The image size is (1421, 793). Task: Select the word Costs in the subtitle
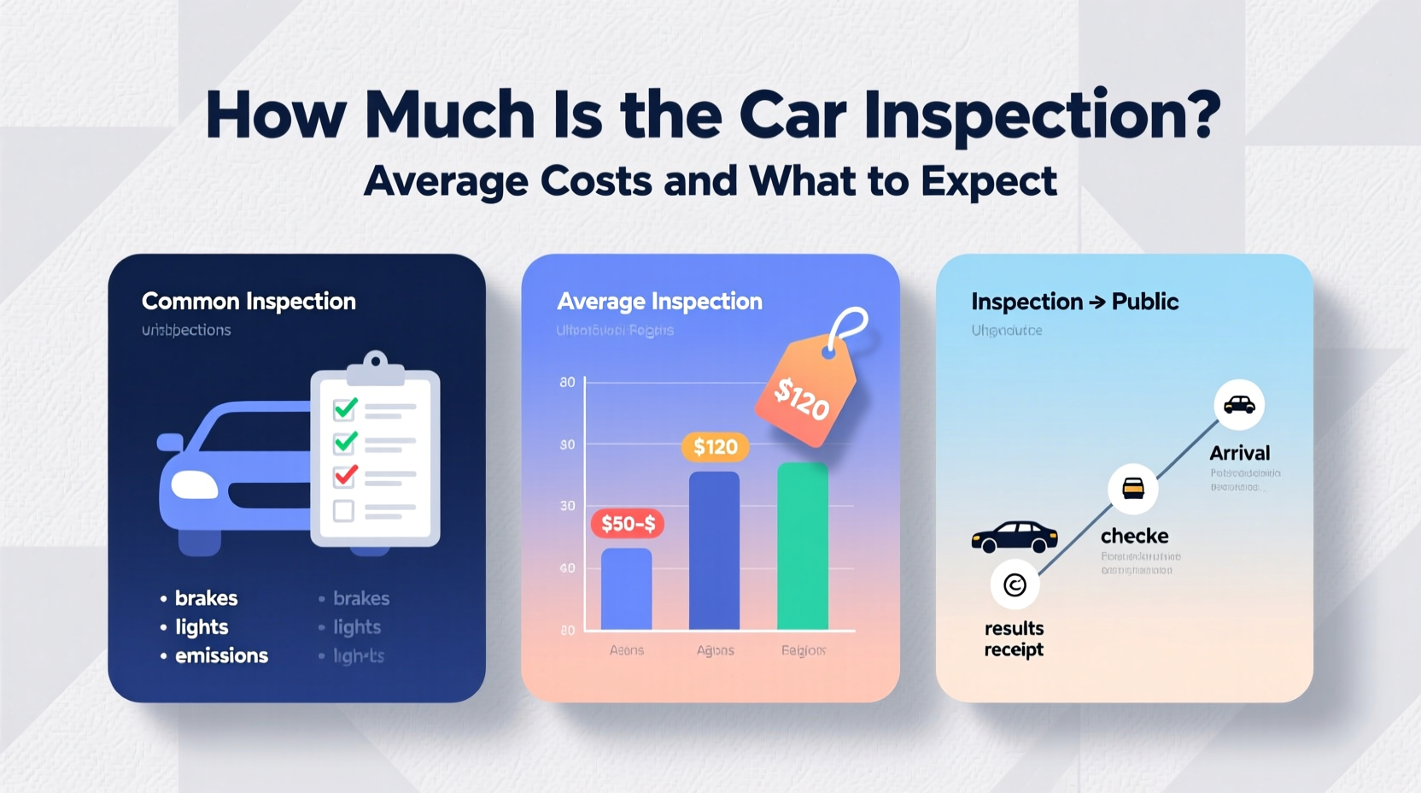click(595, 180)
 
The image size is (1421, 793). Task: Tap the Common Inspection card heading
click(249, 301)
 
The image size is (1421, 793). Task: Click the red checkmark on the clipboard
click(345, 474)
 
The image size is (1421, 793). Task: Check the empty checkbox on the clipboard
click(343, 511)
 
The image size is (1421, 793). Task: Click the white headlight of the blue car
click(195, 485)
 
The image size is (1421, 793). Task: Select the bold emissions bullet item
click(221, 655)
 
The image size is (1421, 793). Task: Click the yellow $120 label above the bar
click(715, 447)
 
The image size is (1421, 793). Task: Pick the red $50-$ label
click(628, 524)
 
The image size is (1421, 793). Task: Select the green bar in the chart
click(803, 547)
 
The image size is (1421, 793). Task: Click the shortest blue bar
click(626, 589)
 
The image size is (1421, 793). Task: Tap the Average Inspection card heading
click(659, 301)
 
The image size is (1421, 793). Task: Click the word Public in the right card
click(1145, 302)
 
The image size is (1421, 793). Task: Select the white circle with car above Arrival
click(1239, 404)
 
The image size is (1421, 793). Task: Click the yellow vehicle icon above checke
click(1133, 488)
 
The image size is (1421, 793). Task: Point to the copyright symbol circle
click(1015, 584)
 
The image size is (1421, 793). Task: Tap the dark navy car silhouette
click(1015, 537)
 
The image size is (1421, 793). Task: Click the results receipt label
click(1014, 639)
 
